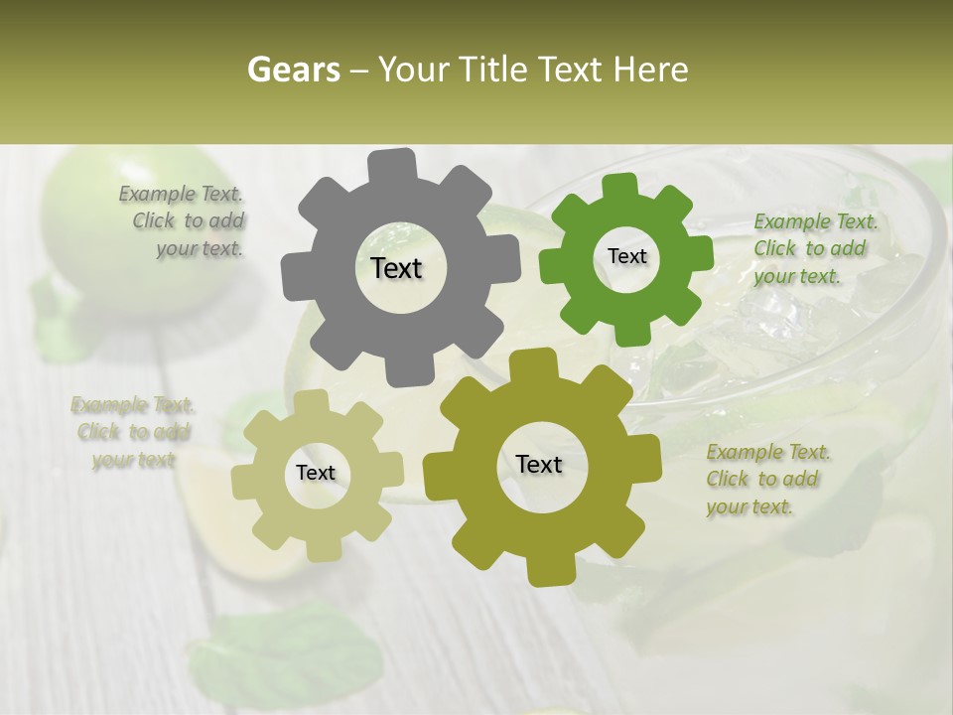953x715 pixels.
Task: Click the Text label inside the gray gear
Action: [x=396, y=268]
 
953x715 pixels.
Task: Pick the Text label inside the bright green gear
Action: [x=626, y=256]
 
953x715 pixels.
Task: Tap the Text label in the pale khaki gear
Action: [x=316, y=473]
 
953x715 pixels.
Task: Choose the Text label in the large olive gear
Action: [x=539, y=464]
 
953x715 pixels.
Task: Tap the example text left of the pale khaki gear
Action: [x=133, y=432]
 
